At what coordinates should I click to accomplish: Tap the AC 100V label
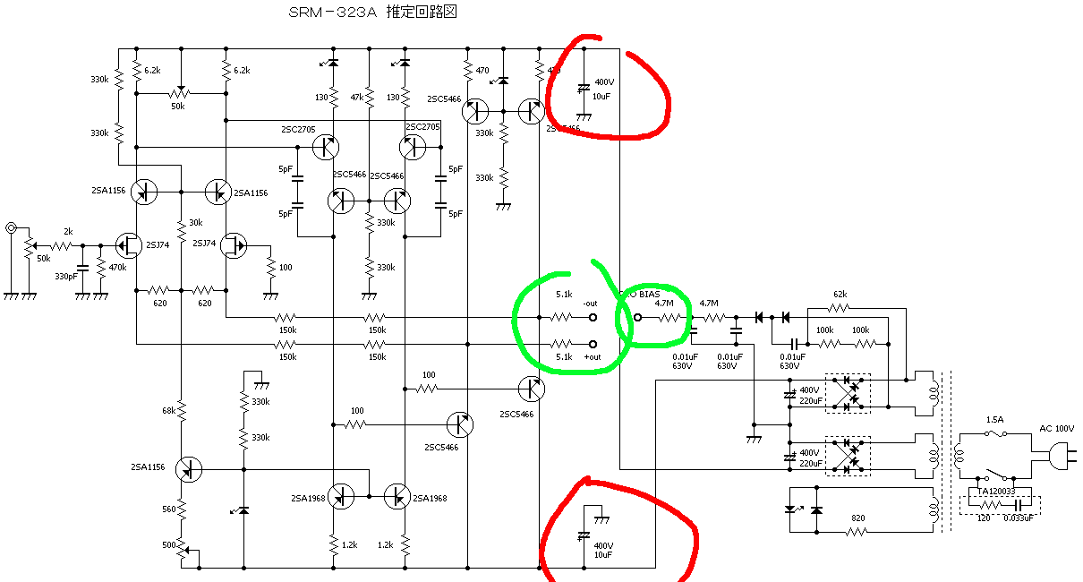coord(1056,429)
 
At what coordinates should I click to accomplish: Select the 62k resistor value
coord(839,295)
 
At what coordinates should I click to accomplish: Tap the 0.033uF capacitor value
coord(1019,518)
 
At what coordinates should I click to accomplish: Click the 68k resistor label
coord(168,411)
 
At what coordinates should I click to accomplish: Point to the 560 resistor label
coord(168,509)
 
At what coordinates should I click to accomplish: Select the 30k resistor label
coord(195,224)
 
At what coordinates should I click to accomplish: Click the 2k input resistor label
coord(68,231)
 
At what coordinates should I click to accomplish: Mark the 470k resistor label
coord(116,267)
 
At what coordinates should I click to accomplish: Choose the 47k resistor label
coord(356,97)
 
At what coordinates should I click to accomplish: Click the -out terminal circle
coord(593,317)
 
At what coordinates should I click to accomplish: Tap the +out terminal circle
coord(593,345)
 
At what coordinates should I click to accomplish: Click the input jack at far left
coord(11,228)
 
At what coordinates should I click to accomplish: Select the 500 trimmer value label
coord(168,544)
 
